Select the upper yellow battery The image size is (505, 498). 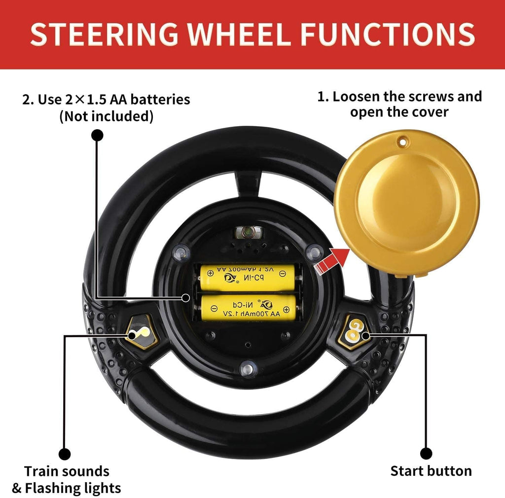pos(248,277)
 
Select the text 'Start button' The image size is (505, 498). pos(431,471)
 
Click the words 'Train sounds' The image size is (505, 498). pos(67,471)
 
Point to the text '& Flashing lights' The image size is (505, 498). pos(67,488)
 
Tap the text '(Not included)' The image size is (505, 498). pos(106,116)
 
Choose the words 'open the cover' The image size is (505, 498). pos(399,112)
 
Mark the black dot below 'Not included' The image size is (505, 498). pos(98,135)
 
